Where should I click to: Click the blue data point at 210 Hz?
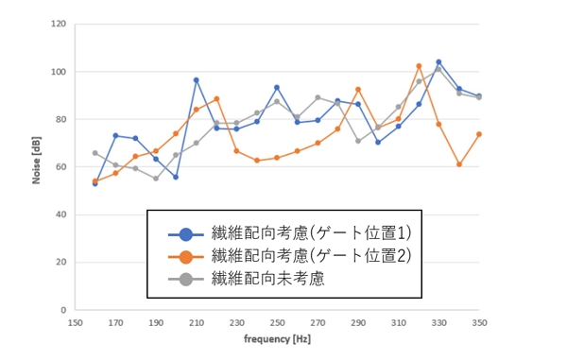click(x=197, y=80)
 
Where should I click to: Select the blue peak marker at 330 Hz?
click(x=438, y=62)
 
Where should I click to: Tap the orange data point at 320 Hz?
click(x=419, y=66)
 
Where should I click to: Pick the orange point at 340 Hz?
click(x=459, y=164)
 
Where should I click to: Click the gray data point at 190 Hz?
click(x=156, y=179)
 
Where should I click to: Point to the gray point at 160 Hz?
click(x=95, y=153)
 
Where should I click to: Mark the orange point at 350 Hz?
click(x=479, y=134)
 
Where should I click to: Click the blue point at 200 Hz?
click(x=176, y=177)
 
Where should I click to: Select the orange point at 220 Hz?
click(x=216, y=99)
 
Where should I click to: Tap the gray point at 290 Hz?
click(x=358, y=141)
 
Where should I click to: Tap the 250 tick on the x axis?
click(x=277, y=321)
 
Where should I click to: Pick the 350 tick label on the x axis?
click(x=479, y=321)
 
